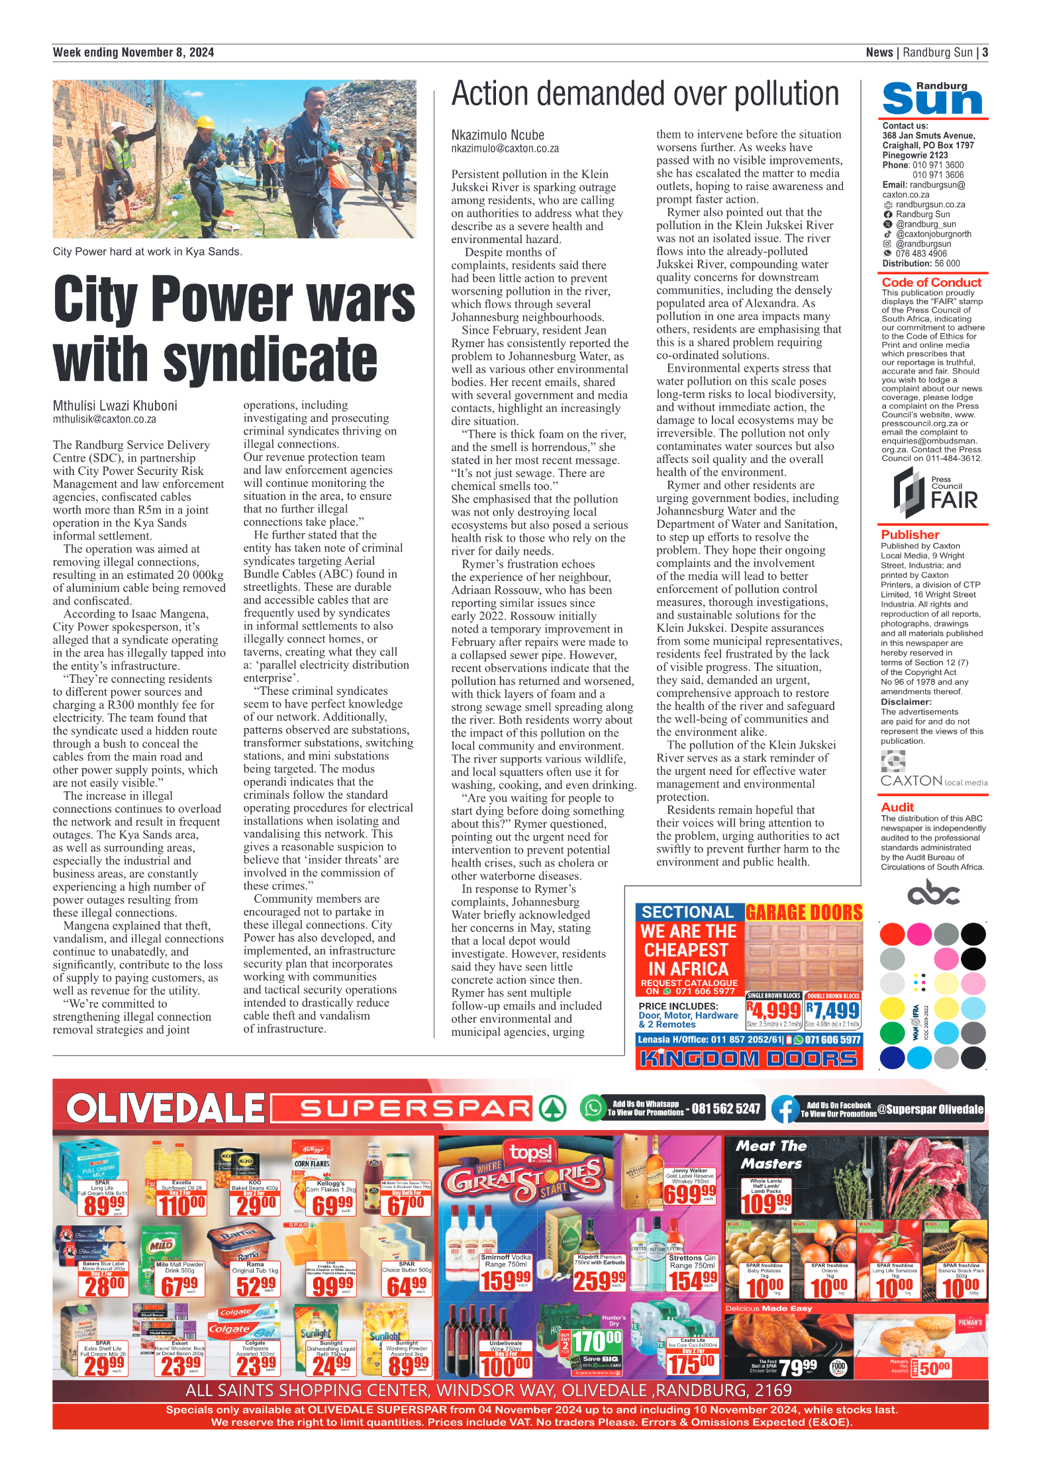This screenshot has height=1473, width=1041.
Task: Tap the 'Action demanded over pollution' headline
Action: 645,94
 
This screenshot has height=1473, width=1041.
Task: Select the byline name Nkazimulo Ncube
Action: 497,135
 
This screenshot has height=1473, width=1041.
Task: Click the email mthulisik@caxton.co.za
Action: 105,419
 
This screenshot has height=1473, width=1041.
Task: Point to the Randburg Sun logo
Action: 932,99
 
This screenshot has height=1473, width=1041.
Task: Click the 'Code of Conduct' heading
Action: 931,282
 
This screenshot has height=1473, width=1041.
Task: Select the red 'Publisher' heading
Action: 910,534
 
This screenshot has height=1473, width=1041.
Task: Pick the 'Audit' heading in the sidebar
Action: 897,807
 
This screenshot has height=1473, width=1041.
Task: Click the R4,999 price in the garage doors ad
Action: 773,1011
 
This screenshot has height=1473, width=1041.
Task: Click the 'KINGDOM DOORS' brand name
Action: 748,1058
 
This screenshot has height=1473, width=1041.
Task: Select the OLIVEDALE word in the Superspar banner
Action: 165,1109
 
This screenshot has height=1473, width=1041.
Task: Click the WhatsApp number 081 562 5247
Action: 726,1109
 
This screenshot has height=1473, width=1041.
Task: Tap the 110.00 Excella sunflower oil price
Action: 181,1205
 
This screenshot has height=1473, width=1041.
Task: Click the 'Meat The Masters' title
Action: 771,1154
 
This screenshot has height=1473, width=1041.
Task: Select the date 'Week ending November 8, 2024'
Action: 133,52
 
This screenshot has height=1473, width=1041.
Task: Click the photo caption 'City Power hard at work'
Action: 147,252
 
